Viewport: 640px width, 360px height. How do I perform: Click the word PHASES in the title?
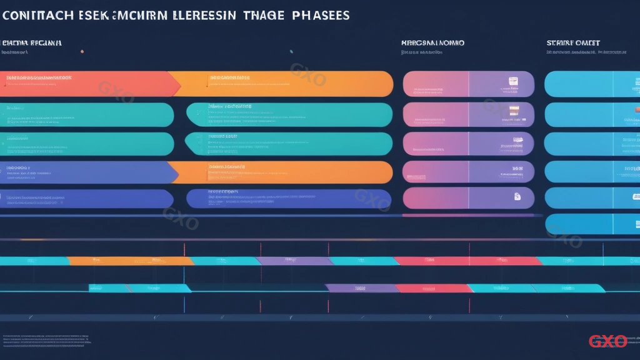coord(320,15)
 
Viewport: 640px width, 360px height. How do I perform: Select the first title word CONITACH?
coord(39,15)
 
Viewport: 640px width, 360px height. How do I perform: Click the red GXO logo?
coord(607,341)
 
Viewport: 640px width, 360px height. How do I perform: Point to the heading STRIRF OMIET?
coord(573,43)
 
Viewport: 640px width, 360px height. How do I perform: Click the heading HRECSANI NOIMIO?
coord(432,43)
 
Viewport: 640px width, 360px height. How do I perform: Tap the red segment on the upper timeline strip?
coord(469,261)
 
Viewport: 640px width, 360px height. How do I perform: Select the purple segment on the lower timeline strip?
coord(361,288)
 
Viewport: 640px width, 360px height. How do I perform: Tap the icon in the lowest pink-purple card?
coord(517,197)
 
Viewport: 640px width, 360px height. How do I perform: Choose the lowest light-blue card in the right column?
coord(592,224)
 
